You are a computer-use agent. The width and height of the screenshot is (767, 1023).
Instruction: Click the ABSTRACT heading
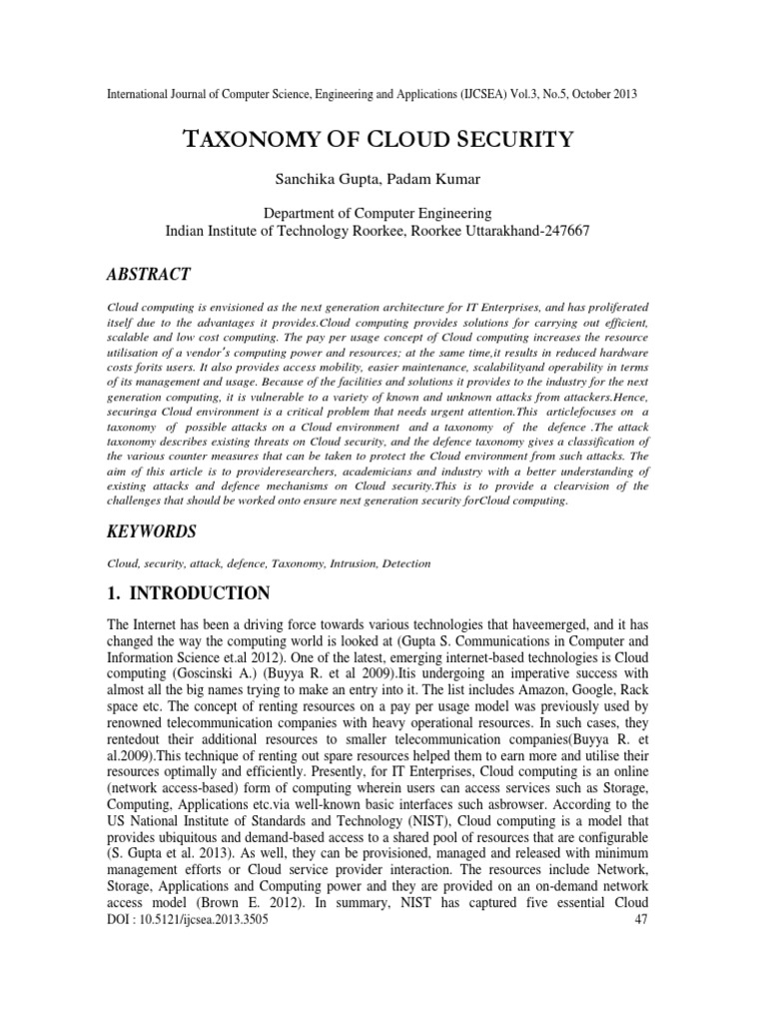[x=149, y=275]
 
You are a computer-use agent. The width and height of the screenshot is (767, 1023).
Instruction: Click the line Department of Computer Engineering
[x=377, y=213]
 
